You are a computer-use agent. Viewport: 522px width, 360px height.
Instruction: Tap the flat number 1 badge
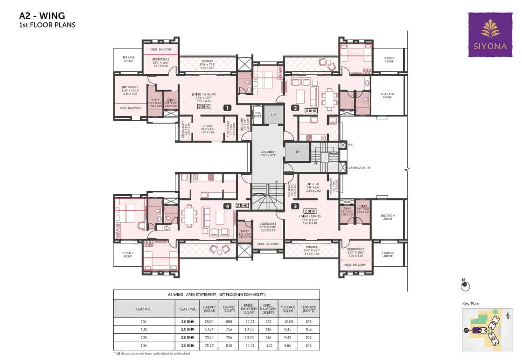[227, 108]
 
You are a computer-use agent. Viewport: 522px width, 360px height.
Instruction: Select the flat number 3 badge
[295, 206]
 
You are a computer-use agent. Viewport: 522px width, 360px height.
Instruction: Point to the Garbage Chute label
[359, 167]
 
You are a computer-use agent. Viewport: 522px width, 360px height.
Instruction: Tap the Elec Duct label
[258, 114]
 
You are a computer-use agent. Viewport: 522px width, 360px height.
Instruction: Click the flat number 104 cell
[144, 346]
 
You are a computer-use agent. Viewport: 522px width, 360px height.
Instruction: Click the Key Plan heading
[471, 304]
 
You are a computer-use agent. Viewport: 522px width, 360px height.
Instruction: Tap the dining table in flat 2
[330, 98]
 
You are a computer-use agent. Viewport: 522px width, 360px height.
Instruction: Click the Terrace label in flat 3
[311, 247]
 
